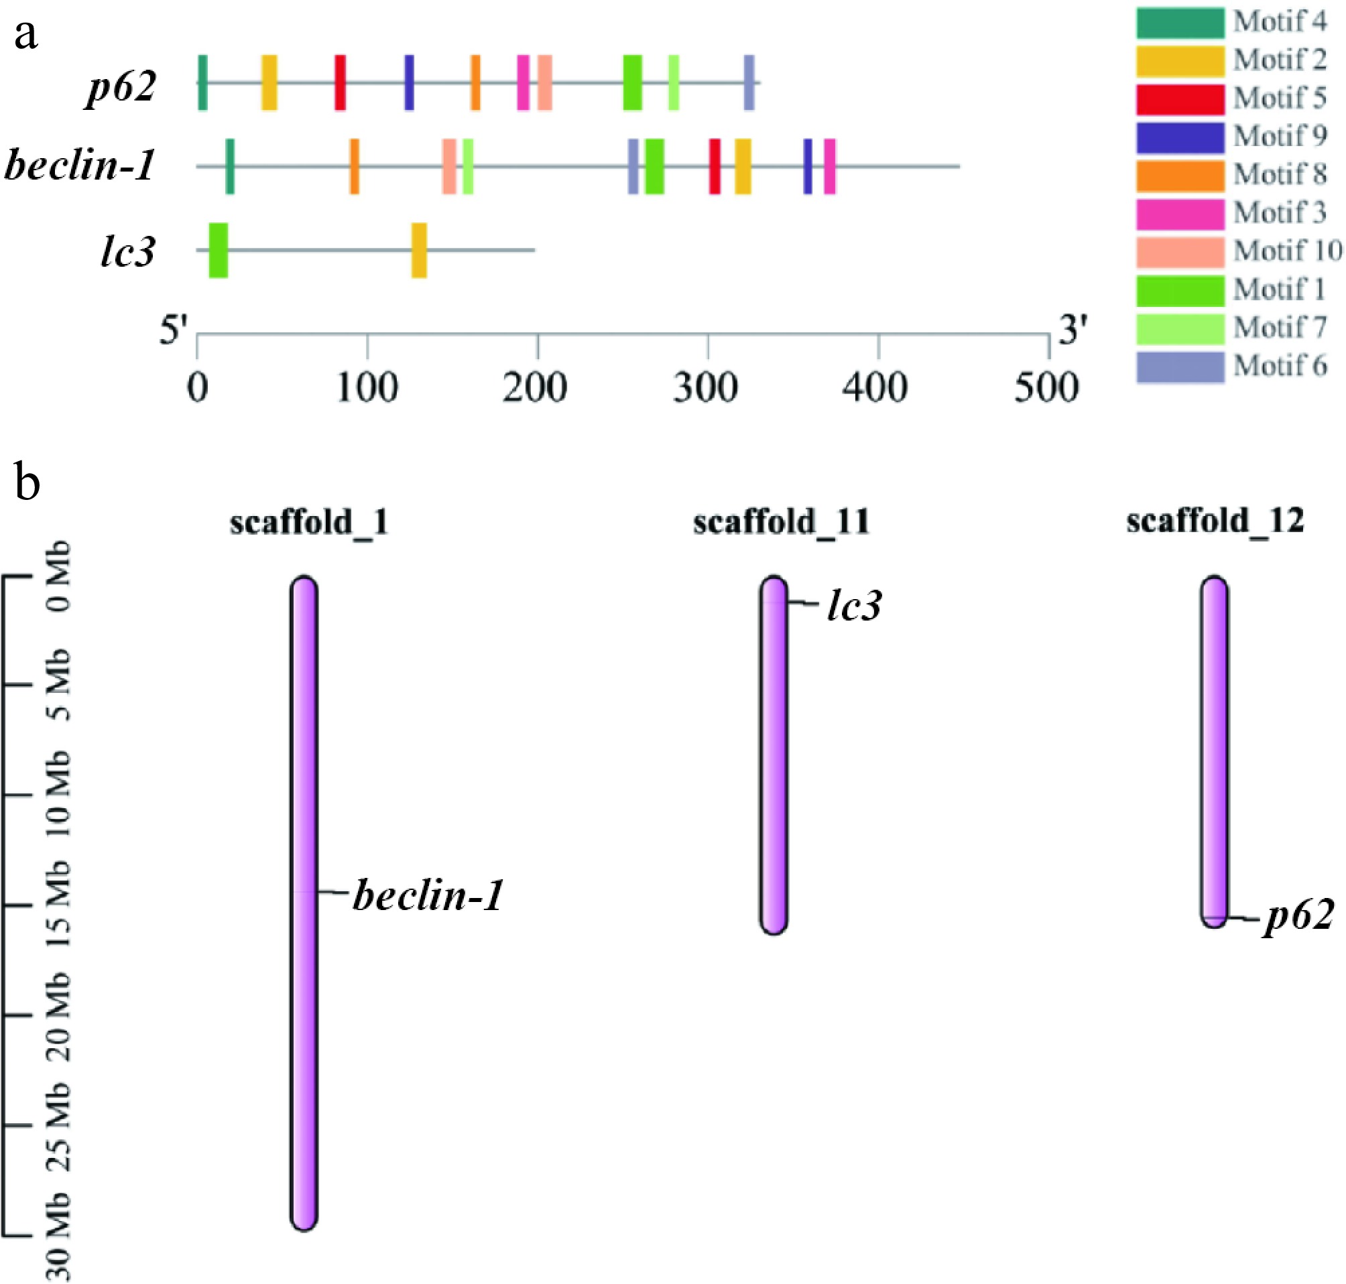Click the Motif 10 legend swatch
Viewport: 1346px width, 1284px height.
point(1180,251)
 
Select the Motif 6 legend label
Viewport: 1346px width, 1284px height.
point(1280,365)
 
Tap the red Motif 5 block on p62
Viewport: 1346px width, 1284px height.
point(340,83)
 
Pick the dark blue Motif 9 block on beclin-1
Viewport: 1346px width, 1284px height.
point(808,166)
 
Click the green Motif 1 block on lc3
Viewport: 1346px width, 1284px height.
point(218,251)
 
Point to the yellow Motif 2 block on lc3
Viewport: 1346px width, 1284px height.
point(419,251)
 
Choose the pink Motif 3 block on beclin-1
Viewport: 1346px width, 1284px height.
point(829,166)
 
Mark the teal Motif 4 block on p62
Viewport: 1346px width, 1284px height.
point(202,83)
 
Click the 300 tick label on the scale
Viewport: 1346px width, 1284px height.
point(705,388)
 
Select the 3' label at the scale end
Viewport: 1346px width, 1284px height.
point(1072,330)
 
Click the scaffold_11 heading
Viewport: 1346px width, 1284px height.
point(781,522)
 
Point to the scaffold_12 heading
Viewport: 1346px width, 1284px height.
point(1215,521)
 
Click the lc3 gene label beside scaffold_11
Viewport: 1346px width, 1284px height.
point(854,606)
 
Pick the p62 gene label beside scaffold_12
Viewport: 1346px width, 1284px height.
point(1299,916)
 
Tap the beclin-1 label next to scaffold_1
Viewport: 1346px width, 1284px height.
point(428,895)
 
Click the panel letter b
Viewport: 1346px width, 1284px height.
point(27,482)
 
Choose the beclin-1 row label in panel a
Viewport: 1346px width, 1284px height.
point(79,166)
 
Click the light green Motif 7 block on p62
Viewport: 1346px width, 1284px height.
point(674,83)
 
